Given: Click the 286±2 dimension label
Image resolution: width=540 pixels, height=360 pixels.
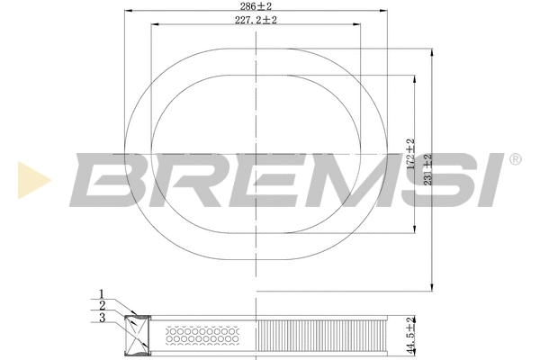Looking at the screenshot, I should (257, 5).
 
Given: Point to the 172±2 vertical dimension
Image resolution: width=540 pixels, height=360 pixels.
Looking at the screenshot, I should (409, 156).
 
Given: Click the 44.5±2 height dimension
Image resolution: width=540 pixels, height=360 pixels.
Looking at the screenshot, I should (410, 335).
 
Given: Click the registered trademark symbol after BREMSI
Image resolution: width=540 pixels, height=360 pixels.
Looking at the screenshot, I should (515, 159).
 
